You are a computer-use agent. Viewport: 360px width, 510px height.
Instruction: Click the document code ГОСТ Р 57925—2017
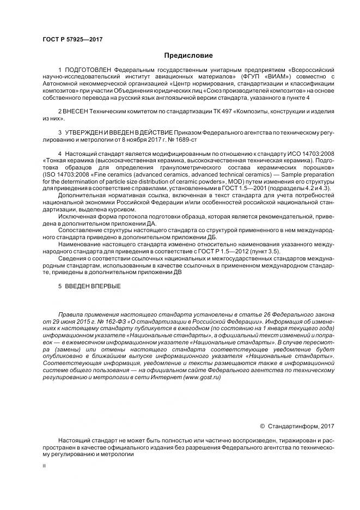click(x=72, y=40)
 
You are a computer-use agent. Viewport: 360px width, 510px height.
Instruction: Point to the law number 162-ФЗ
click(x=109, y=321)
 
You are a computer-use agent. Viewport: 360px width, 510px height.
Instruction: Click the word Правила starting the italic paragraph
click(x=72, y=315)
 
